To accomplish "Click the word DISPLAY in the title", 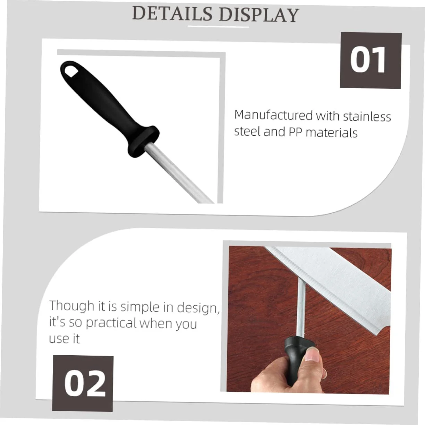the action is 259,15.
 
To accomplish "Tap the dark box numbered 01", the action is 371,60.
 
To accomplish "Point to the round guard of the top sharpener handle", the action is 144,141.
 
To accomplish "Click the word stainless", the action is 367,117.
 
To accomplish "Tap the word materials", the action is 331,133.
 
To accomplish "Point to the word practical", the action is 111,323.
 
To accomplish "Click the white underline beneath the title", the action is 218,27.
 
